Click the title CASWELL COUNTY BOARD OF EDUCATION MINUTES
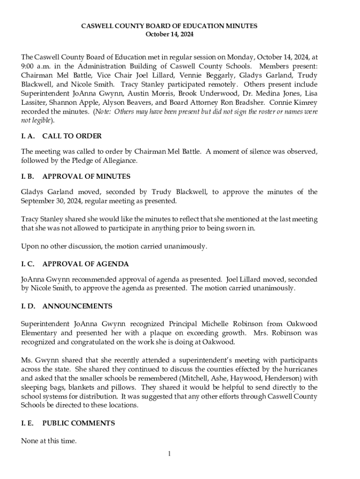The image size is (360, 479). click(x=169, y=26)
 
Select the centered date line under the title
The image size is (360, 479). click(x=169, y=35)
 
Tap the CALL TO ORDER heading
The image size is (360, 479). click(x=72, y=136)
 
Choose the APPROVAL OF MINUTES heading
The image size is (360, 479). click(x=86, y=176)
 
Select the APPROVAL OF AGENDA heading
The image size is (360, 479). click(x=86, y=264)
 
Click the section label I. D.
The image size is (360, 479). click(x=28, y=306)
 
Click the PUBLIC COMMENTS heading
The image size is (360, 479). click(x=78, y=423)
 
